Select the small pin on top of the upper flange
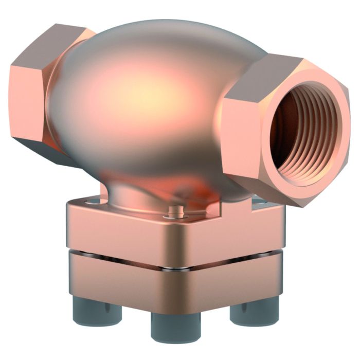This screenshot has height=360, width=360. [176, 210]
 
